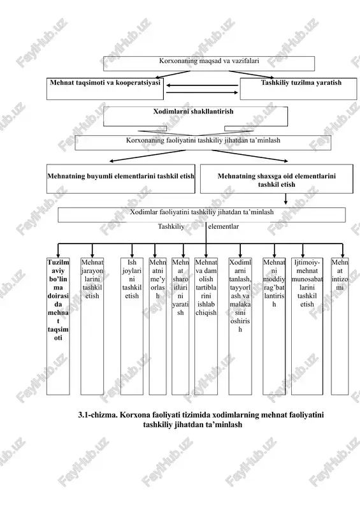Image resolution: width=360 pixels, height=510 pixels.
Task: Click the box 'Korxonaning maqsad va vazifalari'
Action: click(x=209, y=63)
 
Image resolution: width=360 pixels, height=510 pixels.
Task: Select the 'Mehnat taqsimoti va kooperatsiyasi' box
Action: click(x=105, y=89)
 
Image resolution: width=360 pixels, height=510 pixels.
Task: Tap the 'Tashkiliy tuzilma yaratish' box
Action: click(x=298, y=89)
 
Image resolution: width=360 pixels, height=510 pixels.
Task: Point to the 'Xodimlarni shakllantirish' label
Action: click(x=194, y=112)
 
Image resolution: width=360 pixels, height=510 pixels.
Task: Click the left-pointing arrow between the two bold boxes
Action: click(x=202, y=85)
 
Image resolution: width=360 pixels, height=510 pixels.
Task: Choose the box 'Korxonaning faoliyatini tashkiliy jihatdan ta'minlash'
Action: click(x=203, y=143)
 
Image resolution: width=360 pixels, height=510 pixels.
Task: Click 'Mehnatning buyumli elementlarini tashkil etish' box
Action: click(x=120, y=179)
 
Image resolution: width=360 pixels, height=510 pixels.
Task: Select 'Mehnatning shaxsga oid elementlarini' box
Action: click(x=277, y=179)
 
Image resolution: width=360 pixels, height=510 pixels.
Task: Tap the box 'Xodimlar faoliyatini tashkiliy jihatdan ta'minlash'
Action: click(x=201, y=215)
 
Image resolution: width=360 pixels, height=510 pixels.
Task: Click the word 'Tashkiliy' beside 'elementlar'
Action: click(x=171, y=226)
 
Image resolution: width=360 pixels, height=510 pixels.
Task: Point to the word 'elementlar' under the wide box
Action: click(x=224, y=226)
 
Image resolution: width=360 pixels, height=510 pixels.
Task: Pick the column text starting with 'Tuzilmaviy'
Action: click(x=58, y=300)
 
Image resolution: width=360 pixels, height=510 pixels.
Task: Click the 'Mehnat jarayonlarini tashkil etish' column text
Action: click(x=92, y=279)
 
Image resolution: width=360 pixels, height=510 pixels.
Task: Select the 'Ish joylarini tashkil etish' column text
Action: click(x=132, y=279)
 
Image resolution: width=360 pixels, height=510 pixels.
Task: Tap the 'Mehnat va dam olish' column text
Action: click(x=206, y=288)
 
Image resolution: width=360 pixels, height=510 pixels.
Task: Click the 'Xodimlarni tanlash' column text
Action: click(x=240, y=296)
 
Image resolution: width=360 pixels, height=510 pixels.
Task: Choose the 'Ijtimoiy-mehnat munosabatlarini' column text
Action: click(x=307, y=283)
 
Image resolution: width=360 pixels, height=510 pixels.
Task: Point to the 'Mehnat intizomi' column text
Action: click(x=340, y=275)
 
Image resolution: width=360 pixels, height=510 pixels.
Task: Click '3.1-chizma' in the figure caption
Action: click(x=97, y=415)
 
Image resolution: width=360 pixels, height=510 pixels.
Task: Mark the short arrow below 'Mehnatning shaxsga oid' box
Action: click(x=286, y=199)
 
